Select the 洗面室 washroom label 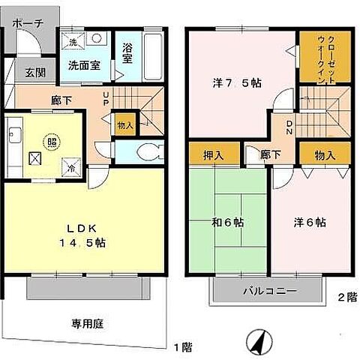click(x=84, y=65)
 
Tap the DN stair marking click(x=289, y=127)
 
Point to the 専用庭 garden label click(x=87, y=324)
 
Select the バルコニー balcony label click(x=269, y=290)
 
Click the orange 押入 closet click(x=213, y=155)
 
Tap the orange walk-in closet click(x=319, y=57)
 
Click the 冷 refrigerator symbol click(x=69, y=168)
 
